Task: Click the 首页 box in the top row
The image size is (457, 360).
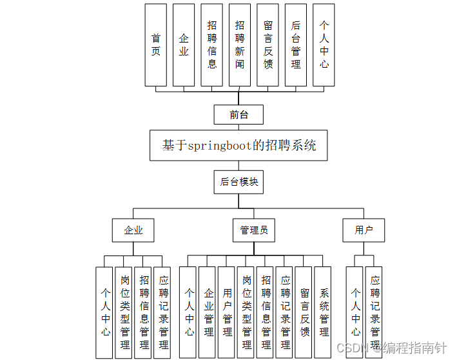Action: tap(155, 45)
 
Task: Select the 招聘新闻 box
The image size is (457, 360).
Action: tap(240, 45)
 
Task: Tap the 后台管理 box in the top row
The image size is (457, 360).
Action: tap(296, 45)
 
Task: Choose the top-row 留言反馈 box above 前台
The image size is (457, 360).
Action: tap(268, 45)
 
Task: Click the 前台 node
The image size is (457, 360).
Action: tap(238, 115)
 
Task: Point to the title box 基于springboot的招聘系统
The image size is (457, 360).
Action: tap(238, 145)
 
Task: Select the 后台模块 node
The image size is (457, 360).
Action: tap(238, 182)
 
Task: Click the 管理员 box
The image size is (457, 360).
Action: tap(253, 230)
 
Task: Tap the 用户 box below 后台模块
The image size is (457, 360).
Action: tap(364, 230)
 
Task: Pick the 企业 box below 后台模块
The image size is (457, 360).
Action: tap(133, 230)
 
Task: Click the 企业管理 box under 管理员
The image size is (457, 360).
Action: tap(208, 312)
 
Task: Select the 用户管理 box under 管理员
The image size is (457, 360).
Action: tap(226, 312)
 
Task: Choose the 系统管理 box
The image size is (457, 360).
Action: tap(323, 312)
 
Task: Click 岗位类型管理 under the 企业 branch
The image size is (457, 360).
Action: tap(124, 312)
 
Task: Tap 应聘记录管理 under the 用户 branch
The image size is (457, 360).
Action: tap(374, 312)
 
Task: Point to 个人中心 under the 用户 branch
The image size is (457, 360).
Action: tap(355, 312)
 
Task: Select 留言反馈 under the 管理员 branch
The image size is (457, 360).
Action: tap(304, 312)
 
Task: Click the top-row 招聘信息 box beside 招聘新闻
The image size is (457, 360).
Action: tap(211, 45)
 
